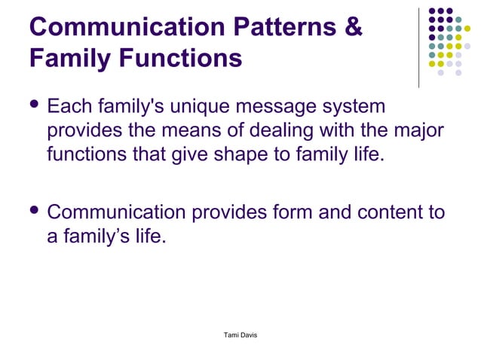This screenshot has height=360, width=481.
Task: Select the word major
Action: coord(419,133)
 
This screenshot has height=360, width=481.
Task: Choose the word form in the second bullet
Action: coord(290,213)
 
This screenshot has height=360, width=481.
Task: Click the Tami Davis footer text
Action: coord(236,334)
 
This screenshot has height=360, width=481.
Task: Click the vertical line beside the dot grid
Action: coord(418,47)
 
